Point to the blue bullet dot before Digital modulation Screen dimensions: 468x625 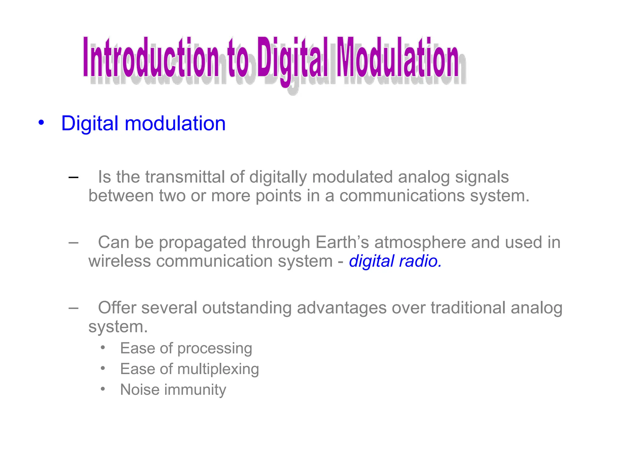coord(41,123)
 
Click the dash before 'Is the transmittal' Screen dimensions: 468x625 coord(74,177)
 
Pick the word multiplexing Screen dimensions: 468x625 coord(218,369)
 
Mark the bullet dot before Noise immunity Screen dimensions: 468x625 coord(103,389)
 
